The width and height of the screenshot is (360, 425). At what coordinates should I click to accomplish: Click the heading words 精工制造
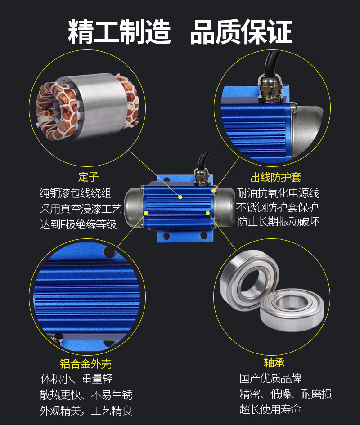(120, 31)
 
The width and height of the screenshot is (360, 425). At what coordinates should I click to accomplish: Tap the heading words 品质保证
(241, 31)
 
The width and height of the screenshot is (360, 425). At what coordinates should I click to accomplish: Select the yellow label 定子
(88, 176)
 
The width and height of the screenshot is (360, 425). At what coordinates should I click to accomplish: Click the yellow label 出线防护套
(276, 177)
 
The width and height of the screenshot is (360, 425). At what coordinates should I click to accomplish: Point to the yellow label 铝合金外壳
(85, 363)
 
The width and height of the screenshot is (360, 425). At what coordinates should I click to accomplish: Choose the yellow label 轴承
(274, 362)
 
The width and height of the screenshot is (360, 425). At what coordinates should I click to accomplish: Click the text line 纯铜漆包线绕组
(75, 193)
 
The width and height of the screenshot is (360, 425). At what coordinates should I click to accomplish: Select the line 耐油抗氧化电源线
(278, 193)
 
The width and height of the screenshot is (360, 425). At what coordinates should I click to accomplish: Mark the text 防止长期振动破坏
(278, 222)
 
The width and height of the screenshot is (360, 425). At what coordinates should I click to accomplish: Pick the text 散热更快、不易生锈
(86, 395)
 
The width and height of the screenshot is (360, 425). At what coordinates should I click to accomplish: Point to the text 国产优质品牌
(270, 378)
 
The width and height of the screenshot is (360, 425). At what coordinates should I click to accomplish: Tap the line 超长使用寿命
(270, 409)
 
